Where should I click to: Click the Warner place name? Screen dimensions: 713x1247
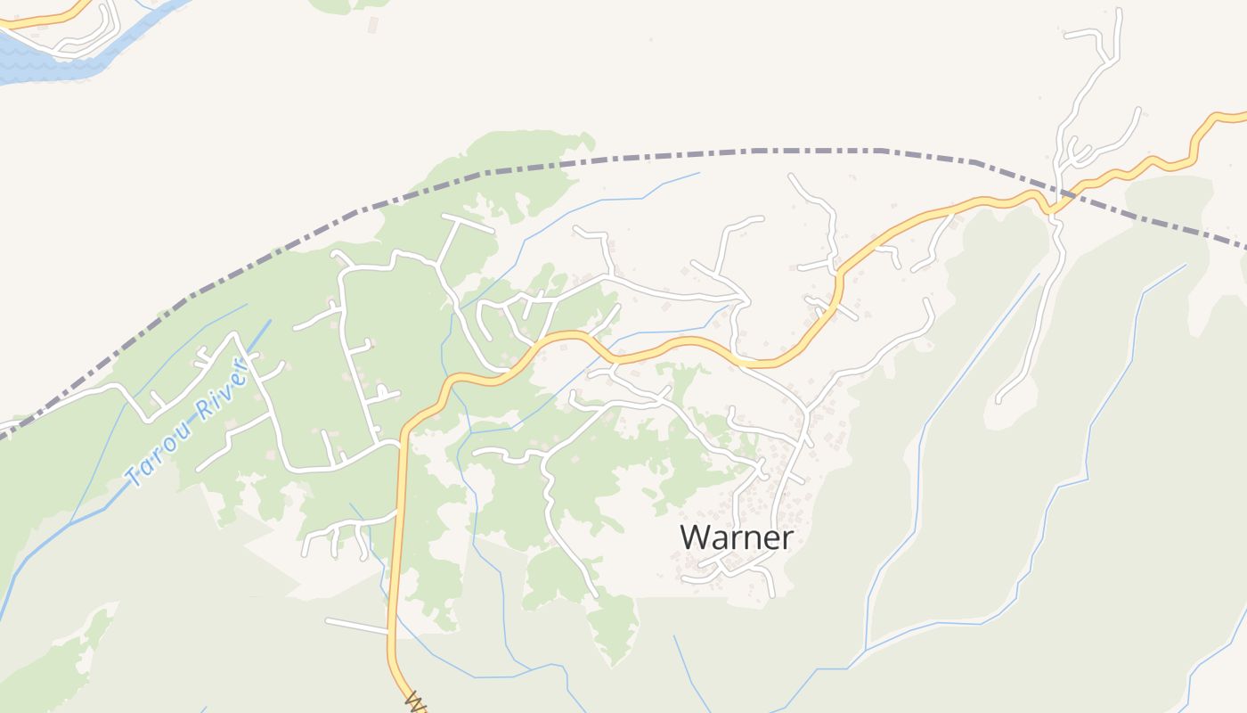[736, 537]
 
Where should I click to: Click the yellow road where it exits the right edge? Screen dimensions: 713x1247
[1238, 116]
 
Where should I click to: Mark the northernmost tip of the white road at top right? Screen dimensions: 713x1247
[1118, 11]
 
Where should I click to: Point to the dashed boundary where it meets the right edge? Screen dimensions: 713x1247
[1242, 246]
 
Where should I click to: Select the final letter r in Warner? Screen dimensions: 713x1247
[787, 538]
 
